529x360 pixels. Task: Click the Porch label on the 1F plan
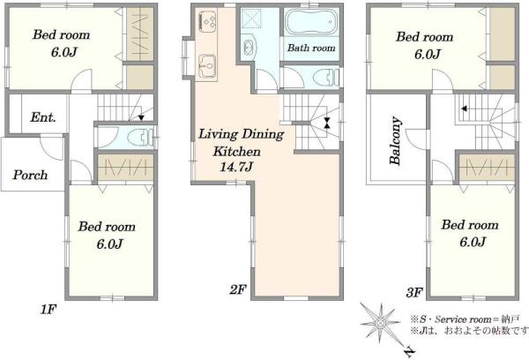(x=30, y=175)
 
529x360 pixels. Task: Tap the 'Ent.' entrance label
(x=43, y=117)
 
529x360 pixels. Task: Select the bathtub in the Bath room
(x=311, y=21)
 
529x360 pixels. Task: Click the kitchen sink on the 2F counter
(x=207, y=66)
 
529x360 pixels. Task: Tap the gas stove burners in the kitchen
(x=208, y=21)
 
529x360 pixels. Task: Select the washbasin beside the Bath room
(x=249, y=48)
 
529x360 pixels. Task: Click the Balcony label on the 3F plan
(x=395, y=141)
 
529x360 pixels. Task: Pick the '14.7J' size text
(x=235, y=167)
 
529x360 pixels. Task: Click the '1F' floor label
(x=48, y=310)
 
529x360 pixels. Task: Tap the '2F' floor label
(x=238, y=289)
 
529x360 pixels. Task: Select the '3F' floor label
(x=414, y=292)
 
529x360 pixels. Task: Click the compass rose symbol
(x=380, y=323)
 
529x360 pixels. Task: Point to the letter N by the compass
(x=409, y=352)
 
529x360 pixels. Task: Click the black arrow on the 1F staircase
(x=141, y=117)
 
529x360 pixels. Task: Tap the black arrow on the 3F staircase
(x=465, y=109)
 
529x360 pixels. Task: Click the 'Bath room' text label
(x=311, y=48)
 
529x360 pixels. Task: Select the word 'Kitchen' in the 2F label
(x=236, y=152)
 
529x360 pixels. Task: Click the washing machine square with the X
(x=250, y=19)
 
